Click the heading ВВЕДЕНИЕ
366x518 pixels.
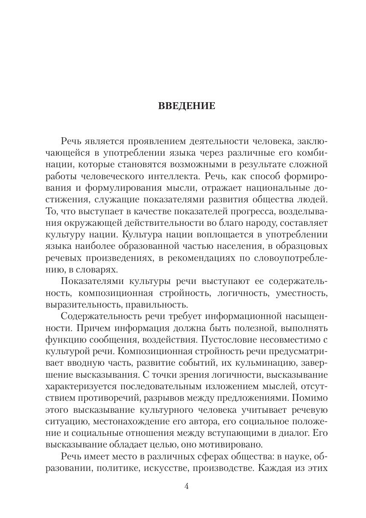tap(187, 106)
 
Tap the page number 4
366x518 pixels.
tap(186, 486)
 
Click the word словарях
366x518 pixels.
tap(96, 269)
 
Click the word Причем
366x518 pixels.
tap(79, 328)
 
